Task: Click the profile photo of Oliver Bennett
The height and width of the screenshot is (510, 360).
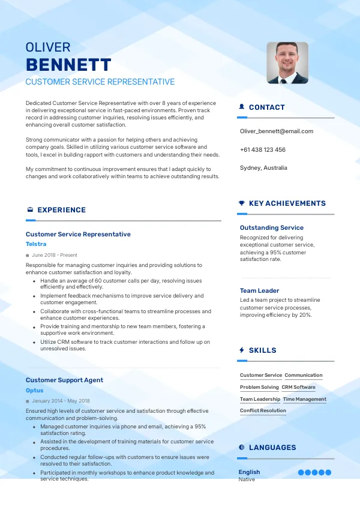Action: pyautogui.click(x=287, y=62)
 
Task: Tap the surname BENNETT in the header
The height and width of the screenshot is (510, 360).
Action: pyautogui.click(x=68, y=65)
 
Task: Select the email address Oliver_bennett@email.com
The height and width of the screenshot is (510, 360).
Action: pyautogui.click(x=276, y=131)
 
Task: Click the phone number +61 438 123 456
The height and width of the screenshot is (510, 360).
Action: pyautogui.click(x=262, y=149)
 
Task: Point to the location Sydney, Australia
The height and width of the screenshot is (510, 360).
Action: pyautogui.click(x=263, y=168)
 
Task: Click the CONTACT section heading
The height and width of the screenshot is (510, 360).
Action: pyautogui.click(x=266, y=107)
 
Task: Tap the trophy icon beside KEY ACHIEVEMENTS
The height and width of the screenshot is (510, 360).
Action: pyautogui.click(x=242, y=203)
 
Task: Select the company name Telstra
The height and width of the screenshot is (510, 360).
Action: pyautogui.click(x=36, y=244)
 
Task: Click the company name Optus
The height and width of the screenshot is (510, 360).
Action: pyautogui.click(x=35, y=391)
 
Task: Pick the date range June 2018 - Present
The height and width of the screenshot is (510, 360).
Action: pyautogui.click(x=55, y=255)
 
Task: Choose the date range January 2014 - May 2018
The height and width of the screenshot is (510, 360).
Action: pyautogui.click(x=61, y=401)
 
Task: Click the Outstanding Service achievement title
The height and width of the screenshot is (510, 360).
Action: pyautogui.click(x=272, y=228)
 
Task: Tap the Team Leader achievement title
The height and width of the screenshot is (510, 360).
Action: pyautogui.click(x=260, y=291)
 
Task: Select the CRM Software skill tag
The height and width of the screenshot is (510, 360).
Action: pyautogui.click(x=298, y=387)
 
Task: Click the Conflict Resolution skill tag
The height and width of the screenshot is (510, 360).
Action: pyautogui.click(x=263, y=411)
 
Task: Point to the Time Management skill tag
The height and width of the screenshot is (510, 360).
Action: pyautogui.click(x=305, y=399)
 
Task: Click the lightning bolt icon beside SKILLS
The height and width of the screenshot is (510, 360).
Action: pyautogui.click(x=242, y=350)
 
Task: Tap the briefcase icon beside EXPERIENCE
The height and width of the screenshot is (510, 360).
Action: pyautogui.click(x=30, y=210)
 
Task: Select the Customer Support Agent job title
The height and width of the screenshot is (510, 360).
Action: pyautogui.click(x=64, y=380)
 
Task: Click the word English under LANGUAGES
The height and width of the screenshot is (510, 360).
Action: pyautogui.click(x=249, y=472)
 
